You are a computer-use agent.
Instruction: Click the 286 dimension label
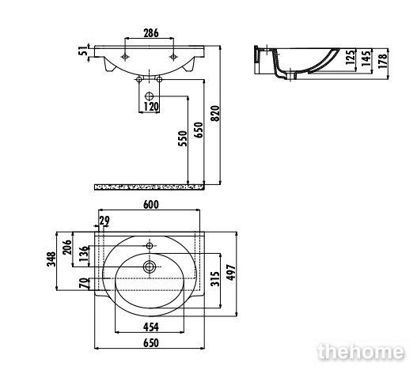click(151, 33)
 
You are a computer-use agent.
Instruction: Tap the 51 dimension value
click(83, 51)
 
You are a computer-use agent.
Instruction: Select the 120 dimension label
click(151, 107)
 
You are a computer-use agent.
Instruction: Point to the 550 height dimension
click(183, 138)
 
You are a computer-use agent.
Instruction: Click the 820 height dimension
click(215, 114)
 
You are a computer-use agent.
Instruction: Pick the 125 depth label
click(351, 57)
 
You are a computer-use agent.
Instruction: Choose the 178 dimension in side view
click(383, 61)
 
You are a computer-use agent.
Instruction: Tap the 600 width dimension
click(151, 205)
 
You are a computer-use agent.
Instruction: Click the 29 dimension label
click(104, 221)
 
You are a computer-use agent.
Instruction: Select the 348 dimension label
click(51, 259)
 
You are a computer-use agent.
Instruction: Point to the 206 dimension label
click(67, 247)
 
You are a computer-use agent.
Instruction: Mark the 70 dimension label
click(83, 283)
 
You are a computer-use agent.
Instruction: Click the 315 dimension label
click(215, 279)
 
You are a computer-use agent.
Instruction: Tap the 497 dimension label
click(231, 273)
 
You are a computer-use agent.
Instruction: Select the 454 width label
click(151, 327)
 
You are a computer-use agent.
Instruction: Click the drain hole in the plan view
click(150, 266)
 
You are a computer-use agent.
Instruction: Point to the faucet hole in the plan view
click(150, 245)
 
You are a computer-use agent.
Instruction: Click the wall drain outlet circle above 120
click(150, 96)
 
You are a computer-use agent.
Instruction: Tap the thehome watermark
click(361, 352)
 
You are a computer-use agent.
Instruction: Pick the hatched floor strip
click(150, 187)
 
